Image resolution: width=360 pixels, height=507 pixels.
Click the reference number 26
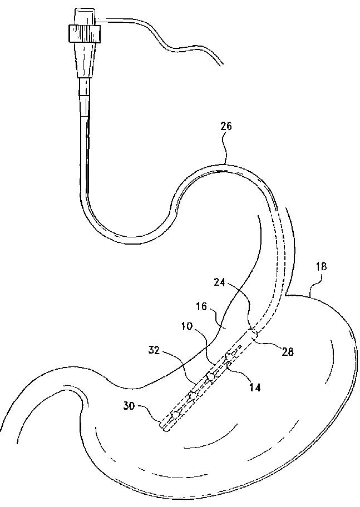point(226,127)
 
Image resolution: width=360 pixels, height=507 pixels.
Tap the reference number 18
point(322,267)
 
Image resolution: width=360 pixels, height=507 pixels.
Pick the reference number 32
point(155,351)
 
